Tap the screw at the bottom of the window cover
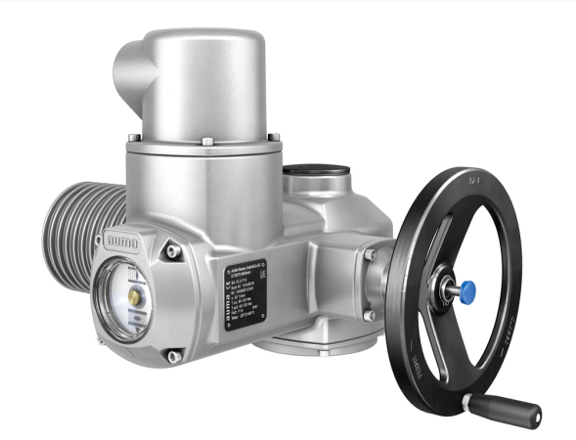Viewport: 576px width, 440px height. point(171,355)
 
